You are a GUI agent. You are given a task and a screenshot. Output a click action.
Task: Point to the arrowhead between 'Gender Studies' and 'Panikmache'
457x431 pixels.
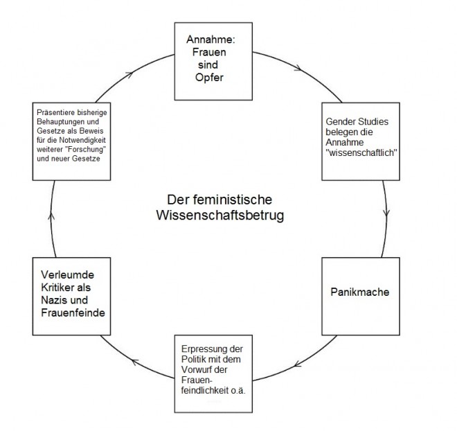[386, 212]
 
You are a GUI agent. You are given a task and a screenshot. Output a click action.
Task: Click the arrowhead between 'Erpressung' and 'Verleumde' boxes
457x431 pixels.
[134, 361]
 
